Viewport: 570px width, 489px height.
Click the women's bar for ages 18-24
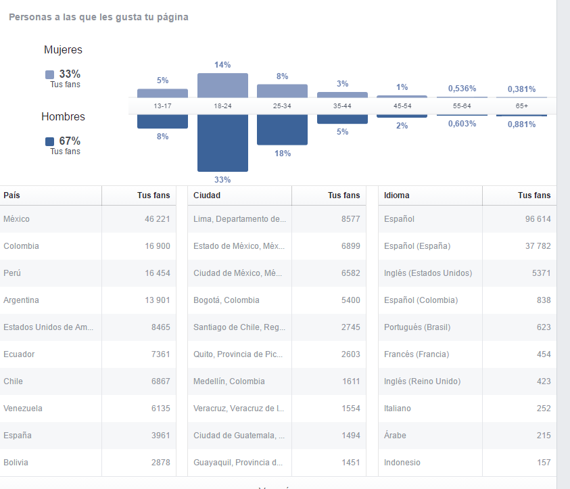222,85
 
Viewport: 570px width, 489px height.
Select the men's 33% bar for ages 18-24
222,143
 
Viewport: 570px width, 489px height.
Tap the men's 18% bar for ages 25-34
282,129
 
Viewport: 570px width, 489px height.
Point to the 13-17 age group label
162,106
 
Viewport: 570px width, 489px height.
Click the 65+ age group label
521,106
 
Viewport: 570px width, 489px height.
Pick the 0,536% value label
461,89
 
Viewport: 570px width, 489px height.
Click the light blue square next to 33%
49,75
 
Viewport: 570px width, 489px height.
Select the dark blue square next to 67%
49,142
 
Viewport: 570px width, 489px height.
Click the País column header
11,195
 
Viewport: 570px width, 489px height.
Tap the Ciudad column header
207,195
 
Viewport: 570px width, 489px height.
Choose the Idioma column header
396,195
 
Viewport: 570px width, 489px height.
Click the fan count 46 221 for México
157,219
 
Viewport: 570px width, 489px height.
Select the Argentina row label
21,300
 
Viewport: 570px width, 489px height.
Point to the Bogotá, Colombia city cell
226,300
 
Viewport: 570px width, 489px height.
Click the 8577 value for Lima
350,219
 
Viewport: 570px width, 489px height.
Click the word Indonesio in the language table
402,463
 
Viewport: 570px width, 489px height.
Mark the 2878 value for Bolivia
160,463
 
